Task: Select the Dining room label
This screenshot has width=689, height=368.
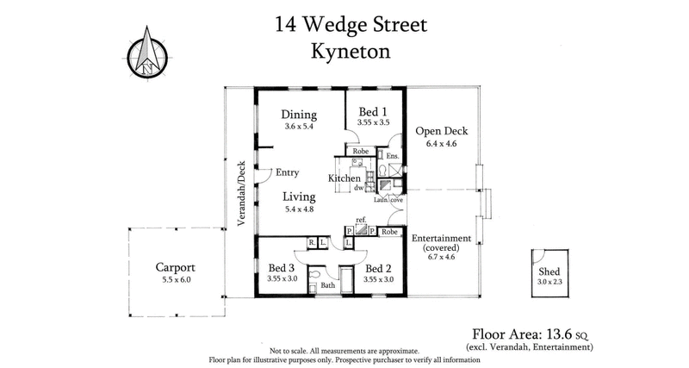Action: (300, 115)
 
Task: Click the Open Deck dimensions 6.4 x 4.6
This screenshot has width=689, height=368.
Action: (441, 145)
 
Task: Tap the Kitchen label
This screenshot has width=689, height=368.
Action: (344, 178)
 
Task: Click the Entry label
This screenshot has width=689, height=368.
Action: (287, 172)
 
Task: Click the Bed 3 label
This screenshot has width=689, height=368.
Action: (282, 267)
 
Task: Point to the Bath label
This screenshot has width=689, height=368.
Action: (327, 285)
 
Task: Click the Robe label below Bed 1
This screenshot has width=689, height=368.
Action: (360, 151)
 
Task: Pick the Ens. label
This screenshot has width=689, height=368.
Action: (392, 156)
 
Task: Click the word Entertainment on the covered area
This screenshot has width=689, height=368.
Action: (441, 238)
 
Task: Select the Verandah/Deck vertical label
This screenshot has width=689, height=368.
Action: (243, 194)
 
